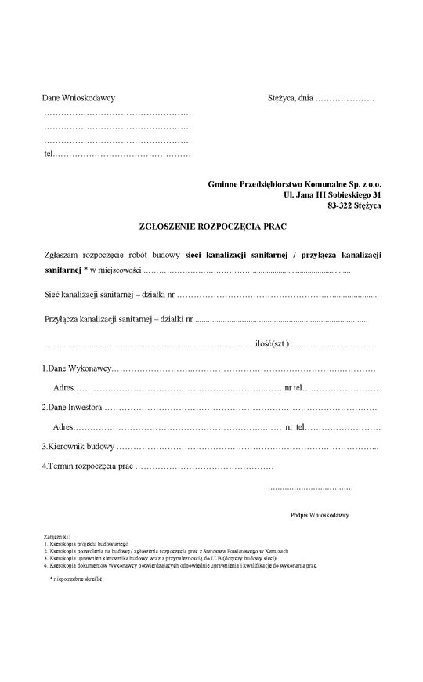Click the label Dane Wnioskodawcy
(x=78, y=100)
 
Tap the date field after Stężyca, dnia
(x=344, y=100)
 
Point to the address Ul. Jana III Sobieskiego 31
(x=332, y=194)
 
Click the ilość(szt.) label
(x=273, y=344)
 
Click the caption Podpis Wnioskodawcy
(x=319, y=515)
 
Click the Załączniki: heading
(x=56, y=537)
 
